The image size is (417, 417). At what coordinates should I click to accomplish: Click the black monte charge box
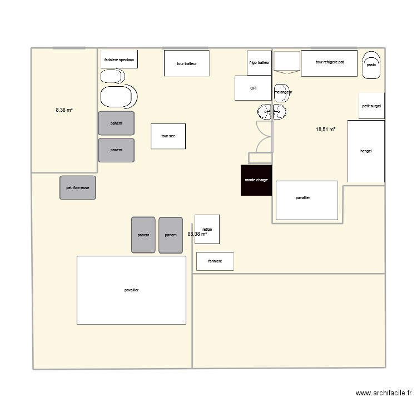point(256,180)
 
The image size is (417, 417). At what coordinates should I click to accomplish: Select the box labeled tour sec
point(168,136)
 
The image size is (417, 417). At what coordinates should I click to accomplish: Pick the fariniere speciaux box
point(119,59)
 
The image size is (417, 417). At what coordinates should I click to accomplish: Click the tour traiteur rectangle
point(186,63)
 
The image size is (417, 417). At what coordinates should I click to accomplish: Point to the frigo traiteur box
point(259,63)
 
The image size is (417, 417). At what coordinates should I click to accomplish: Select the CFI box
point(253,88)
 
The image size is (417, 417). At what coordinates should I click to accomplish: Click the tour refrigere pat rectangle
point(329,63)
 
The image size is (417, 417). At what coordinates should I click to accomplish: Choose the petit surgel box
point(371,106)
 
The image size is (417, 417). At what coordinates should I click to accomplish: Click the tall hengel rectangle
point(366,151)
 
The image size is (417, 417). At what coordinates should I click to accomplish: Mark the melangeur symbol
point(282,93)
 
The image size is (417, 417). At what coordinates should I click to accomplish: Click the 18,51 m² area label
point(326,130)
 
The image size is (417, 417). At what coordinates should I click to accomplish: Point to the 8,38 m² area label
point(64,110)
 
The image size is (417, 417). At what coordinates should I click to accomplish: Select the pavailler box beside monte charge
point(307,200)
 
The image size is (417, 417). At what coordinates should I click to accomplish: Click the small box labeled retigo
point(207,229)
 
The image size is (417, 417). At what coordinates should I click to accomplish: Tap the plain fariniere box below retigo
point(215,261)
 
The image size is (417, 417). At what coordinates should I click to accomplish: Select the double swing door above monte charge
point(264,136)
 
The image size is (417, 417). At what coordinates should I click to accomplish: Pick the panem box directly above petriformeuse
point(116,150)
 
